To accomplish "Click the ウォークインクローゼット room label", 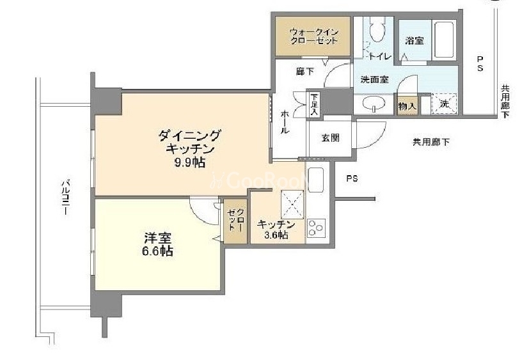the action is pos(314,37).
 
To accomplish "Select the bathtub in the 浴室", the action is pos(445,40).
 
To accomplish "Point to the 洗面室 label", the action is pos(374,80).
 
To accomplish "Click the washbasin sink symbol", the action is pos(374,104).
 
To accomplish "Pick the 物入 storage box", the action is pos(407,106).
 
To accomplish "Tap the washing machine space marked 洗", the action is pos(444,104).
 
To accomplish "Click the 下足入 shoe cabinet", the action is pos(314,104).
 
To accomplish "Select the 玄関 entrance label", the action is pos(330,137).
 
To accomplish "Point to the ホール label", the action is pos(285,121).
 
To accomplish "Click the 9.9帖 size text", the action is pos(189,162).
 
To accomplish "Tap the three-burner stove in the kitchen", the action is pos(316,227).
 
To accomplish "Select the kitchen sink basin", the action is pos(316,180).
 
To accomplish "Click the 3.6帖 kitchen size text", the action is pos(276,235).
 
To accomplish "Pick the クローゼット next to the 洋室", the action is pos(236,221).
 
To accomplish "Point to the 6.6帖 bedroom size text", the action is pos(157,251).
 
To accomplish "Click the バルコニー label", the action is pos(65,198).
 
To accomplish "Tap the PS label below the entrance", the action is pos(352,178).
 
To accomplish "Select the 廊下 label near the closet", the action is pos(305,72).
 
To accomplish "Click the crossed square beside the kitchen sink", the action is pos(292,204).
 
